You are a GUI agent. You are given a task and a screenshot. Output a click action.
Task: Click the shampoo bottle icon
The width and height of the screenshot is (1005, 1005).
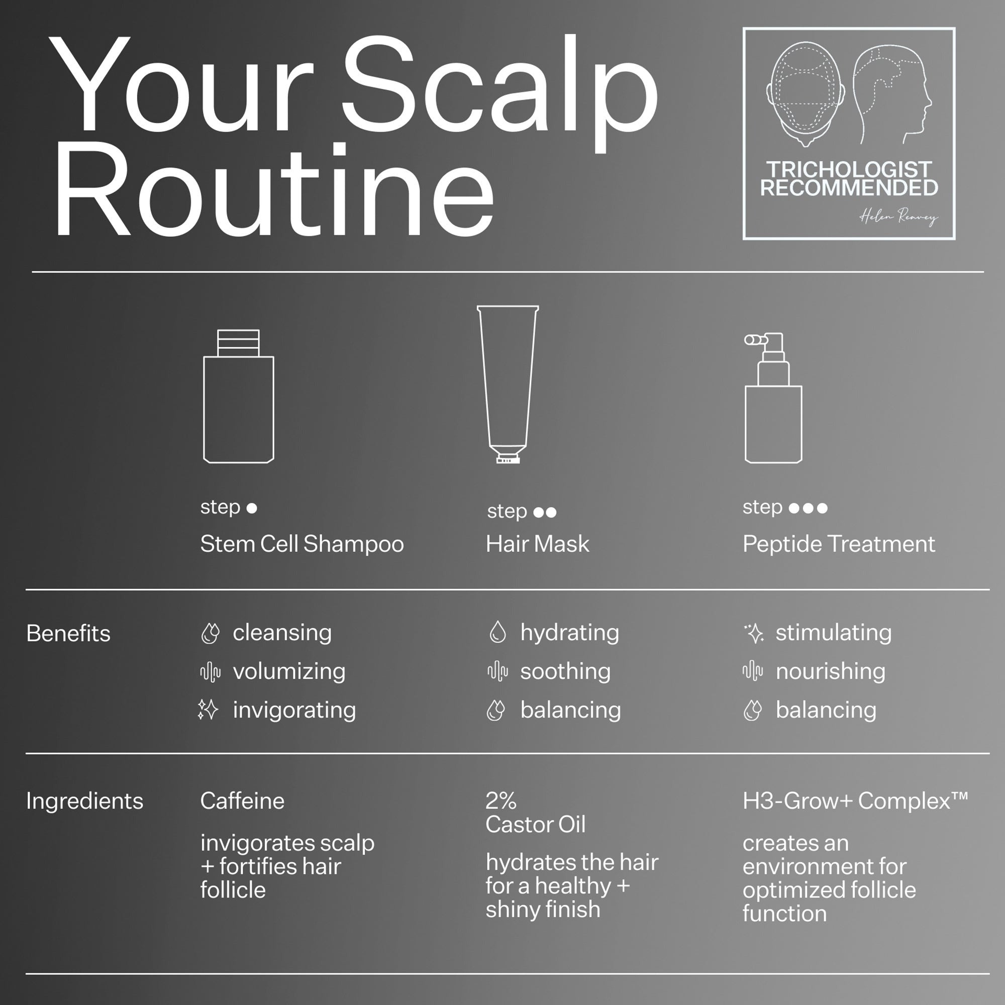[x=238, y=396]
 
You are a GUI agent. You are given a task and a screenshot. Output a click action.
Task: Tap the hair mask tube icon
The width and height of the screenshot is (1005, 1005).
[x=508, y=384]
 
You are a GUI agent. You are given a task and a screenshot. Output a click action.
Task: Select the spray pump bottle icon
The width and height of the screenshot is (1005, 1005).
[x=773, y=398]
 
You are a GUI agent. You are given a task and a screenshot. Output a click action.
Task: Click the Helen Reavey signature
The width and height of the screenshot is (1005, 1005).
[x=898, y=217]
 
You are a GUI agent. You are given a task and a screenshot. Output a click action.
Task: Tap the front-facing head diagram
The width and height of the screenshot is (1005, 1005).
[x=805, y=94]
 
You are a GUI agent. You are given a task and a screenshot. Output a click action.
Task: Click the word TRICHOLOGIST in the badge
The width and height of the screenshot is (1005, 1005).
[x=849, y=169]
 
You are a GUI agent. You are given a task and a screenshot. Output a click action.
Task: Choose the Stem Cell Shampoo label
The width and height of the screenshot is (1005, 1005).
[x=301, y=544]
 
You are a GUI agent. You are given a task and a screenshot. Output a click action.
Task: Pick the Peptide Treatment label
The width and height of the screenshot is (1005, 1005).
[x=839, y=544]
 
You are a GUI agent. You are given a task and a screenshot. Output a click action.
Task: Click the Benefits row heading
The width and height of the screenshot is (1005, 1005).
[x=68, y=633]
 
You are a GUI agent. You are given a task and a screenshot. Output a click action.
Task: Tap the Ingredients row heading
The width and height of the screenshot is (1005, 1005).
[x=84, y=800]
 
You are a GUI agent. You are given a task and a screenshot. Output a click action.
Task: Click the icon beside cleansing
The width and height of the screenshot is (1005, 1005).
[x=210, y=633]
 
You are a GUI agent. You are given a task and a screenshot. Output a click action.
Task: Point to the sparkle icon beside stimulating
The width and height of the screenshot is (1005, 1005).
[x=754, y=633]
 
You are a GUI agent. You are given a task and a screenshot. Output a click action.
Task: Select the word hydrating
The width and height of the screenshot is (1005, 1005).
[x=570, y=633]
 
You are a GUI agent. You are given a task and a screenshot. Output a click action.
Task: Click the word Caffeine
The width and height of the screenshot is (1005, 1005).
[x=242, y=800]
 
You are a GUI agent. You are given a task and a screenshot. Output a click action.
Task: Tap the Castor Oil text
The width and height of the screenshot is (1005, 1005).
[x=535, y=824]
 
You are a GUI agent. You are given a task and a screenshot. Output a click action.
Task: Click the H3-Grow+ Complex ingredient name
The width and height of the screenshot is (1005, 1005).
[x=855, y=800]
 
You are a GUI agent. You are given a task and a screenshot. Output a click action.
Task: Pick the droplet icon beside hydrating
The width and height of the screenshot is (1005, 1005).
[x=497, y=632]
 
